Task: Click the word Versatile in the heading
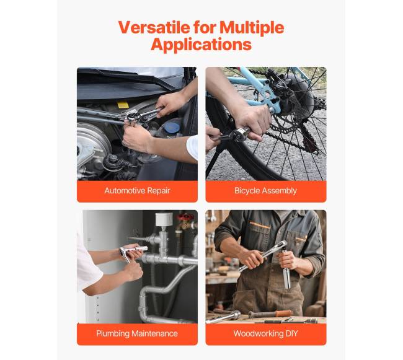tap(154, 27)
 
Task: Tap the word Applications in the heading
tap(201, 45)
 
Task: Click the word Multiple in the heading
tap(252, 27)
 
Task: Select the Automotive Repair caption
tap(137, 190)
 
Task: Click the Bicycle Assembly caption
tap(265, 190)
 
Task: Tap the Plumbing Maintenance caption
tap(137, 333)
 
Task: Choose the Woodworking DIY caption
tap(265, 333)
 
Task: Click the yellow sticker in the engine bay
tap(123, 105)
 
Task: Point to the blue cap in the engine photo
tap(172, 128)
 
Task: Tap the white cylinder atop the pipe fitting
tap(164, 219)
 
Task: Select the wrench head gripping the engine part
tap(133, 117)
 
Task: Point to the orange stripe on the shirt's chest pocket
tap(260, 226)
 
